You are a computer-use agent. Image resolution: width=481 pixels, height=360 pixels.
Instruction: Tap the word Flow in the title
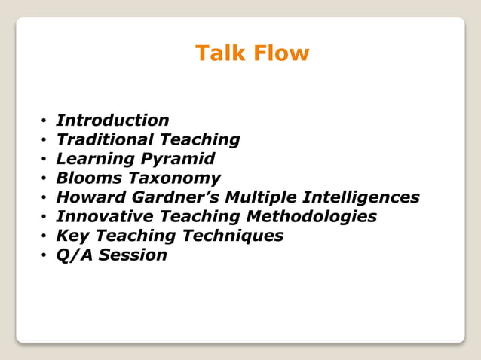280,53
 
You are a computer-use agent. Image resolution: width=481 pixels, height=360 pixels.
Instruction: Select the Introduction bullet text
112,121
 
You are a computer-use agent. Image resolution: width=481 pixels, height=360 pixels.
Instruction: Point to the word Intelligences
360,197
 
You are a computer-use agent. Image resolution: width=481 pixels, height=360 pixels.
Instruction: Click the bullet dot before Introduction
45,121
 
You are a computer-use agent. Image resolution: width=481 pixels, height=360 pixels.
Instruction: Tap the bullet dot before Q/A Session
45,256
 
